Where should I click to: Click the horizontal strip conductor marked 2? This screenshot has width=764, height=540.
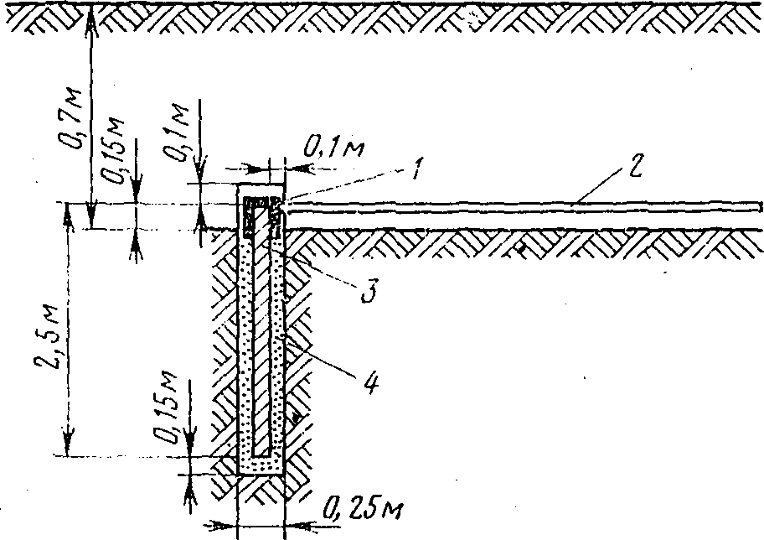point(519,207)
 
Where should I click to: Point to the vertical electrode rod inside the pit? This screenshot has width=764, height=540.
point(262,352)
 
